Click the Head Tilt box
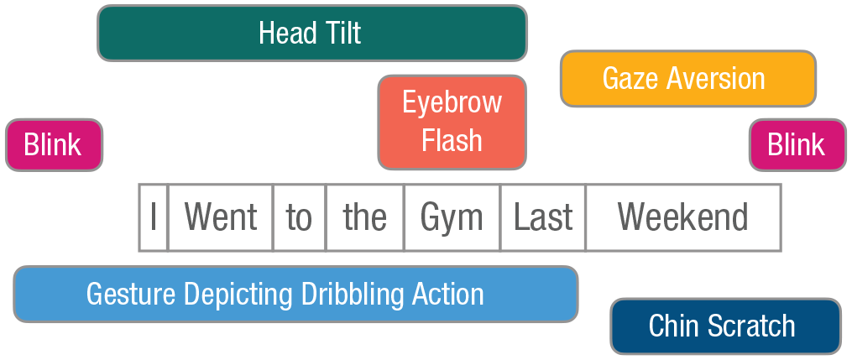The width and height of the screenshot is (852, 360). click(x=312, y=33)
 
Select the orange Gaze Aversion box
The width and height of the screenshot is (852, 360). click(x=688, y=79)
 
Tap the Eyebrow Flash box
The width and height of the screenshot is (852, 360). click(x=452, y=123)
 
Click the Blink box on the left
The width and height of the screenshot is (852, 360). click(x=55, y=145)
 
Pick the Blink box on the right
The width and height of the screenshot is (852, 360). click(x=797, y=145)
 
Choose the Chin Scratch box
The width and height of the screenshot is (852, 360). click(x=726, y=326)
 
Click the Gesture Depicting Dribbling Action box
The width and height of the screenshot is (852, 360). click(x=295, y=295)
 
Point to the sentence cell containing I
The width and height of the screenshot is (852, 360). click(x=154, y=217)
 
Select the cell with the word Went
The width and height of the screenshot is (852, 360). click(x=221, y=217)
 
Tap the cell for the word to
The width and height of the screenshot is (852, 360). click(x=300, y=217)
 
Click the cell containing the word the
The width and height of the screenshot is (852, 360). click(x=364, y=217)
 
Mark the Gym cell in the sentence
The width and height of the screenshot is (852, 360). click(x=452, y=217)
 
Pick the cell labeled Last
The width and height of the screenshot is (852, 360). click(x=543, y=217)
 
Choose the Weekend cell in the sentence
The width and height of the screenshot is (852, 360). click(x=683, y=217)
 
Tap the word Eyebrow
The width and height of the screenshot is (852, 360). click(x=452, y=103)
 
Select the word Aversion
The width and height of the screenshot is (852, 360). click(x=716, y=78)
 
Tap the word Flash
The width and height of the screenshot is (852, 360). click(x=452, y=140)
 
